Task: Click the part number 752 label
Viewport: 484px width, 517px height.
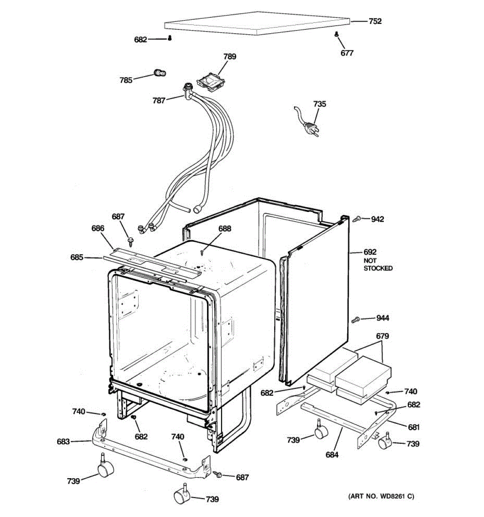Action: pyautogui.click(x=375, y=21)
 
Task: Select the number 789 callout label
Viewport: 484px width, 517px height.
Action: pyautogui.click(x=229, y=56)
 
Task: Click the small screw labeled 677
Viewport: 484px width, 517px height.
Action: pyautogui.click(x=336, y=35)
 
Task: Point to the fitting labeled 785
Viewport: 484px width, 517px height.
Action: pyautogui.click(x=160, y=73)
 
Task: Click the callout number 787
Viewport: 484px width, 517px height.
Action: pyautogui.click(x=159, y=101)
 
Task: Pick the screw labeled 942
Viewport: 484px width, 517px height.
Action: pyautogui.click(x=357, y=219)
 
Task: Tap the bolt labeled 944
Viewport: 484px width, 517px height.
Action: pyautogui.click(x=356, y=320)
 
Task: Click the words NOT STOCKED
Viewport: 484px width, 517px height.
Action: pyautogui.click(x=378, y=265)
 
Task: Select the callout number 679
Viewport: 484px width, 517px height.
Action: pyautogui.click(x=382, y=336)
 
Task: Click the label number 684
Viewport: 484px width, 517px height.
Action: pyautogui.click(x=332, y=455)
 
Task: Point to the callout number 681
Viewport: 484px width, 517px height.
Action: pyautogui.click(x=413, y=427)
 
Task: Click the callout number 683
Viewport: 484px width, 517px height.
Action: pyautogui.click(x=63, y=442)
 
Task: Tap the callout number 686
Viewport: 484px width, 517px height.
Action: pyautogui.click(x=98, y=228)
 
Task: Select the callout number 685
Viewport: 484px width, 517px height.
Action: pyautogui.click(x=77, y=258)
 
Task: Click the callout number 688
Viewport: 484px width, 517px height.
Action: pyautogui.click(x=224, y=229)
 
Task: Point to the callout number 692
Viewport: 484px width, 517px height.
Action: pyautogui.click(x=370, y=252)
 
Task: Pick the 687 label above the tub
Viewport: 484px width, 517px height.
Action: pyautogui.click(x=118, y=217)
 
